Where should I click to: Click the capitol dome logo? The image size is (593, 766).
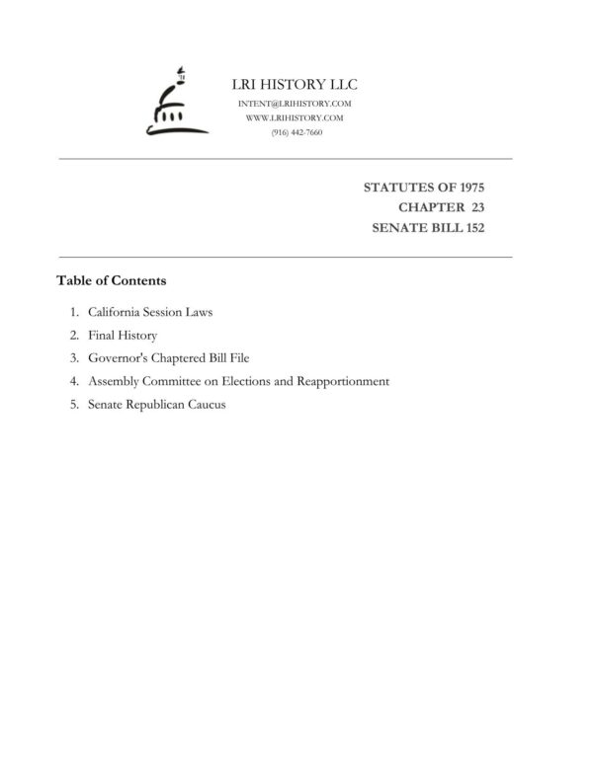(177, 103)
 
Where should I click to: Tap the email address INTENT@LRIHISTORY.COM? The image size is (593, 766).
(296, 104)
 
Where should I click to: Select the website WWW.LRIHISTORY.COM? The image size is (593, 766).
(296, 117)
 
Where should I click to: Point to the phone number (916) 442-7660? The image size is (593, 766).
(296, 132)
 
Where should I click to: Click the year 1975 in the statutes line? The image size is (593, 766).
(467, 187)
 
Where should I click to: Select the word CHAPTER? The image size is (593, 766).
(430, 206)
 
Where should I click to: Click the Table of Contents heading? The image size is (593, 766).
(112, 280)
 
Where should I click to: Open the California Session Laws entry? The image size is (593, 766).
(150, 312)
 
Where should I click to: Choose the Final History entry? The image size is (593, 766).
(123, 336)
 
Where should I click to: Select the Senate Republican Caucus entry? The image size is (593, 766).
(157, 404)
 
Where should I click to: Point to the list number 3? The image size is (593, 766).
(74, 358)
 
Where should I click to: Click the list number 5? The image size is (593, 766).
(74, 404)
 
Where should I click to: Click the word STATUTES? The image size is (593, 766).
(392, 187)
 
